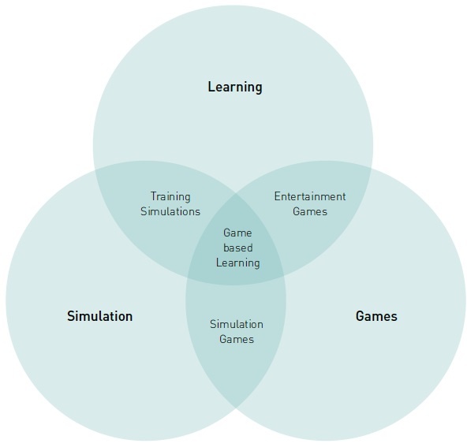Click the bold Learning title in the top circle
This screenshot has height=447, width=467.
coord(235,88)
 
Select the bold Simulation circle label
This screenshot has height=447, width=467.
coord(99,316)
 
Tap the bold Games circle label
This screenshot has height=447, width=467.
coord(376,316)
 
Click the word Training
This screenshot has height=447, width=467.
coord(170,197)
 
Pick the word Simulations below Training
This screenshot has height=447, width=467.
coord(170,211)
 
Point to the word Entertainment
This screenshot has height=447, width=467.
coord(310,196)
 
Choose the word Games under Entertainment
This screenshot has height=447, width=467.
coord(310,211)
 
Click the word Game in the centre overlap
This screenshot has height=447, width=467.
coord(237,233)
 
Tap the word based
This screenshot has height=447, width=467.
coord(238,248)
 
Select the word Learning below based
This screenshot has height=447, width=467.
coord(238,263)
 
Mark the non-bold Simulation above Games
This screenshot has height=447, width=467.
coord(237,324)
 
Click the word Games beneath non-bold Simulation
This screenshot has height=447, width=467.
coord(237,340)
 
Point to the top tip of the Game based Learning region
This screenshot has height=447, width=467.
coord(236,194)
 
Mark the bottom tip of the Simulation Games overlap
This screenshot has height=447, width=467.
coord(236,408)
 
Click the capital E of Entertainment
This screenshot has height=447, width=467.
coord(278,196)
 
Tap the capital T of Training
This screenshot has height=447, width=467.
coord(154,196)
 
